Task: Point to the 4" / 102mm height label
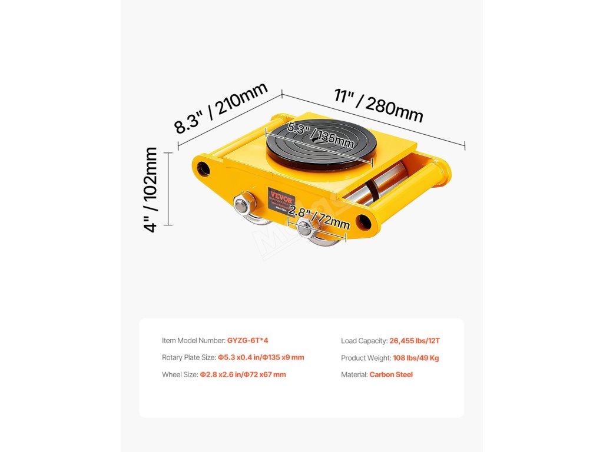[x=151, y=189]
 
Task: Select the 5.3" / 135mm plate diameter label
[x=320, y=137]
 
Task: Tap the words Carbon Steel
[x=391, y=374]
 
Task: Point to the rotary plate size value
[x=261, y=357]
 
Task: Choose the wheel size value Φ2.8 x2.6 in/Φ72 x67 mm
[x=243, y=374]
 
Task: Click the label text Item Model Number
[x=193, y=340]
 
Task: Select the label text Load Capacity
[x=364, y=340]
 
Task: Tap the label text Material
[x=354, y=374]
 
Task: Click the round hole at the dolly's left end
[x=204, y=168]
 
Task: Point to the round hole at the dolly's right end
[x=364, y=221]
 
